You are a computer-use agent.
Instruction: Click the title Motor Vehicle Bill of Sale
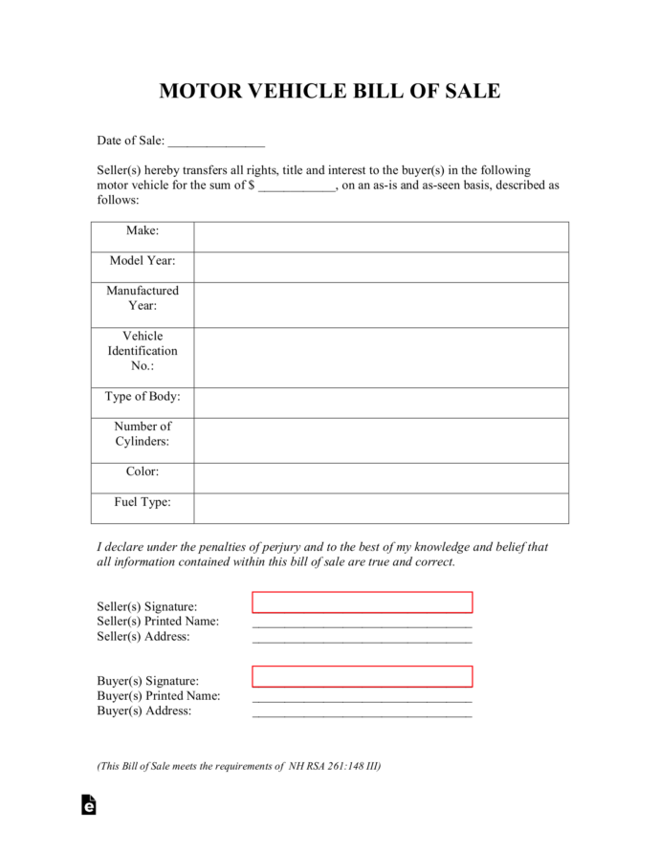pos(329,91)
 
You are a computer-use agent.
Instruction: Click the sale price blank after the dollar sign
pos(297,186)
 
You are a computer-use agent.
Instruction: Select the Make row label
pos(143,230)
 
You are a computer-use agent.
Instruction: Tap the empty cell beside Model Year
pos(381,267)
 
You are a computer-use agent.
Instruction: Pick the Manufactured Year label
pos(143,297)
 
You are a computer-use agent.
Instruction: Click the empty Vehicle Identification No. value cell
pos(381,357)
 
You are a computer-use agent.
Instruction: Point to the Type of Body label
pos(143,396)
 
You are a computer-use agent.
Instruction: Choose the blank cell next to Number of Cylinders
pos(381,440)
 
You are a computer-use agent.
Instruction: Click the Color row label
pos(143,471)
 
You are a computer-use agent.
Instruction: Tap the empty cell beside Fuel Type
pos(381,508)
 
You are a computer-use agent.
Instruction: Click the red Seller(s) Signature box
pos(362,602)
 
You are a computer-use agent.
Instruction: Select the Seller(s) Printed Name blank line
pos(362,624)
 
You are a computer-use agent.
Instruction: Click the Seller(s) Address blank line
pos(362,639)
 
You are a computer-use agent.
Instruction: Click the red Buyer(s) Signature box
pos(362,676)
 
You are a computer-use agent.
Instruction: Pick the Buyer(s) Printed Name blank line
pos(362,698)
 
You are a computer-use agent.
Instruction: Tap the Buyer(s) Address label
pos(144,712)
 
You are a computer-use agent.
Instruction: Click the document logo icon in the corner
pos(88,804)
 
